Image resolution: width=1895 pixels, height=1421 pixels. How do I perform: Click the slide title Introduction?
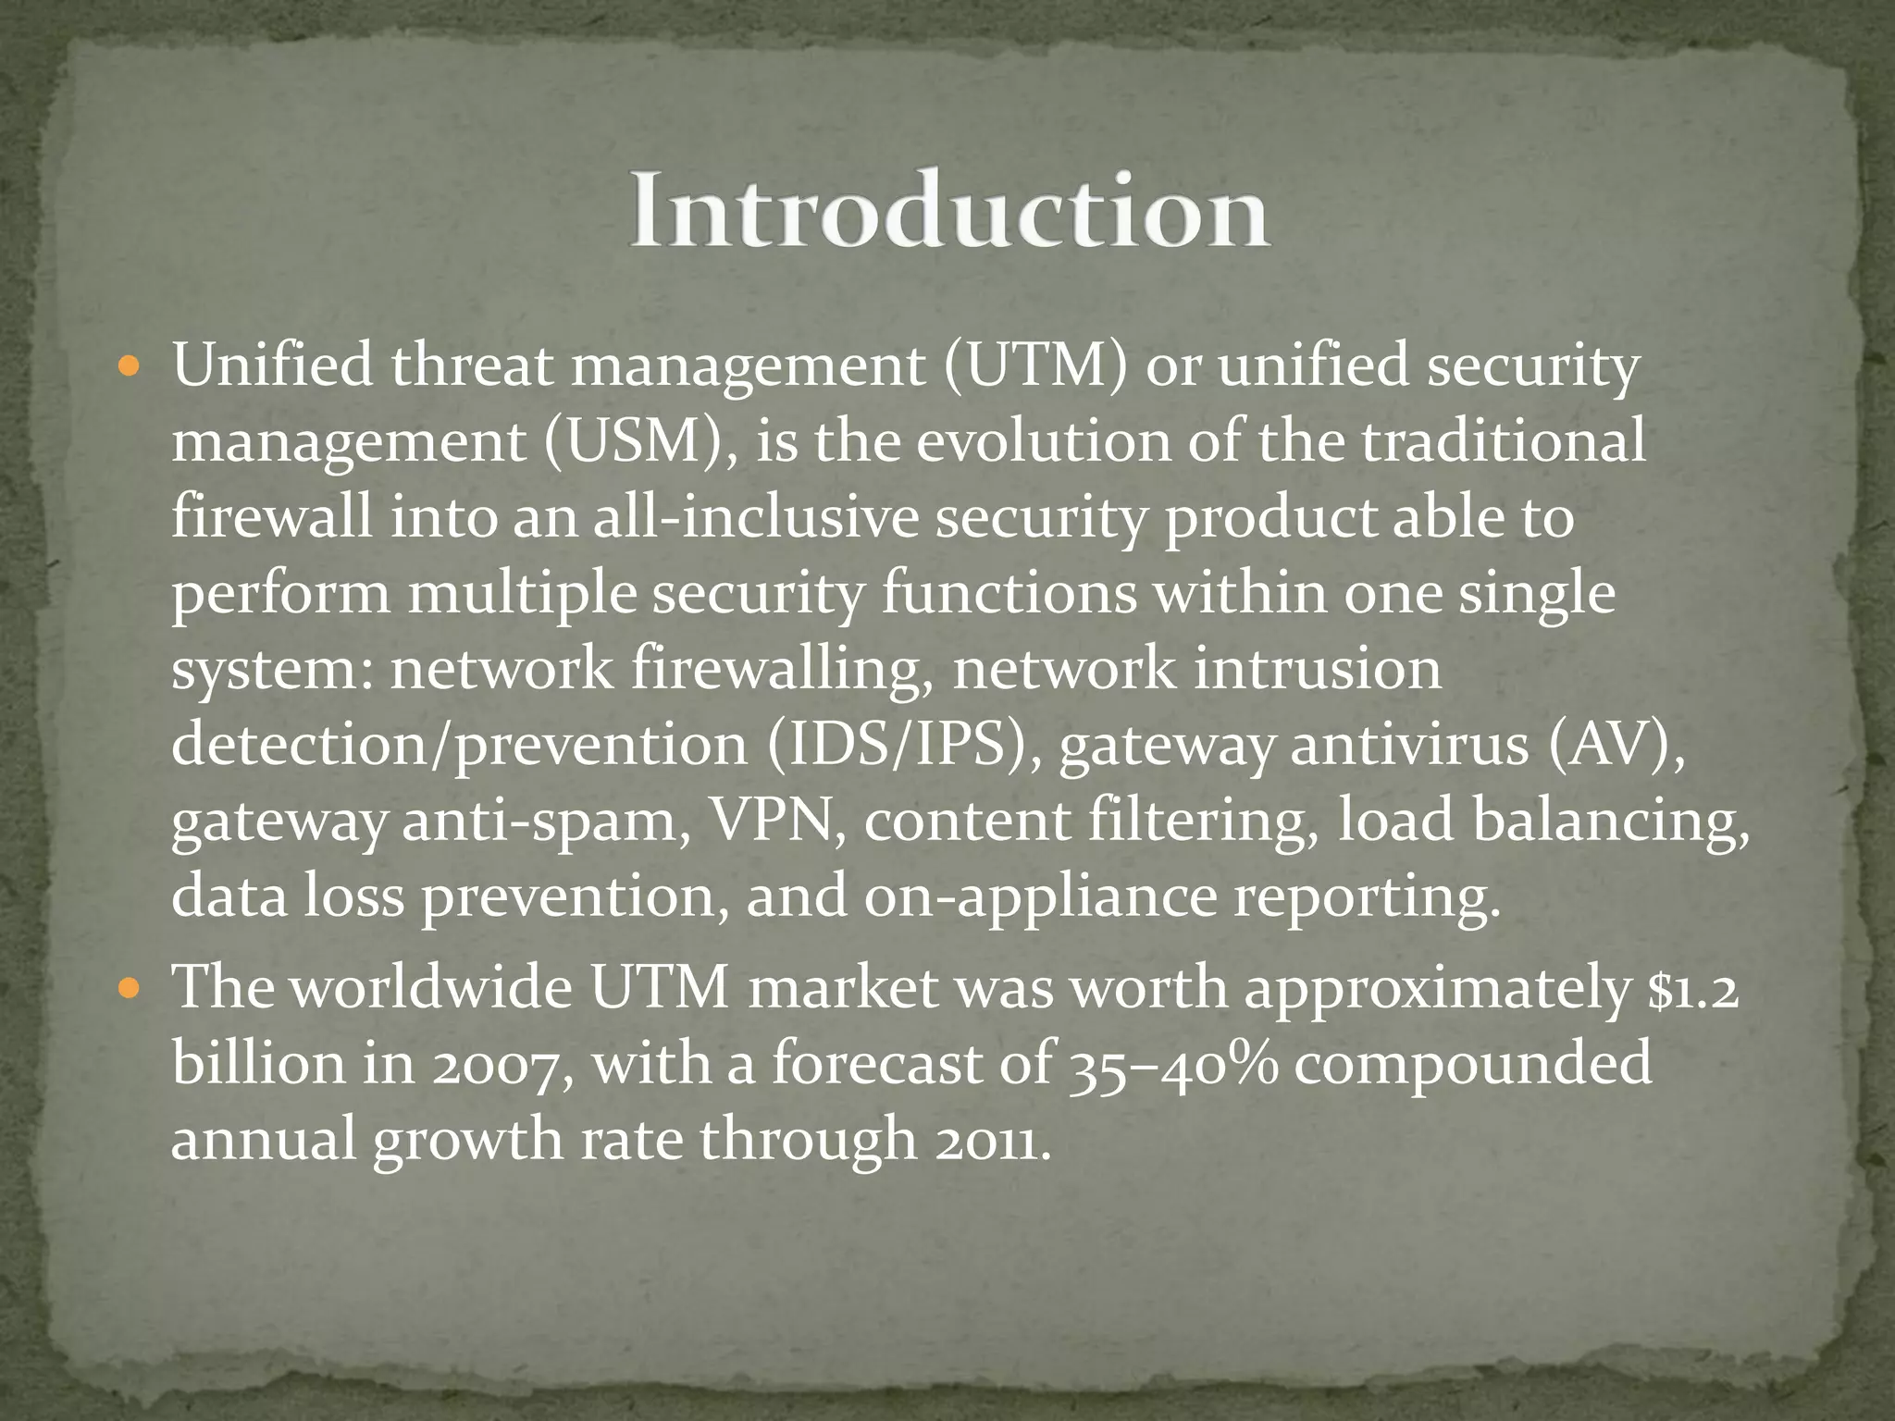(949, 210)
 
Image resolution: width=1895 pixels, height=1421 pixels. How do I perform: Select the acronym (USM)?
(640, 442)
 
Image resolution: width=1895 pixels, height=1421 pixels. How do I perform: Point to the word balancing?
(1611, 822)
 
